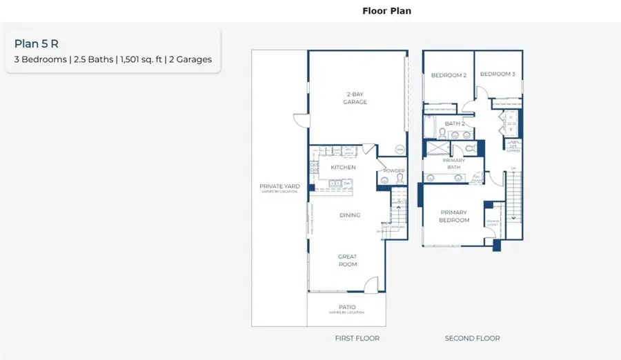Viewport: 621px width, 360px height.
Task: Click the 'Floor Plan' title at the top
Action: pyautogui.click(x=386, y=11)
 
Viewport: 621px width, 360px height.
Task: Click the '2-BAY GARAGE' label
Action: pyautogui.click(x=356, y=98)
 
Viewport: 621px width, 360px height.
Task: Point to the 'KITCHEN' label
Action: pyautogui.click(x=343, y=168)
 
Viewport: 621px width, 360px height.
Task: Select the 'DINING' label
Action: pyautogui.click(x=350, y=215)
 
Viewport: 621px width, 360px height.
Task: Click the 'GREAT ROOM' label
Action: pyautogui.click(x=348, y=261)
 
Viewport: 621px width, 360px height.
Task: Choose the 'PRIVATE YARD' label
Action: pyautogui.click(x=278, y=186)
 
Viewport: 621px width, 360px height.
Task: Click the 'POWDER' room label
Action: pyautogui.click(x=393, y=171)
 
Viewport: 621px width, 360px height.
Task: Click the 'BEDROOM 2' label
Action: pyautogui.click(x=449, y=75)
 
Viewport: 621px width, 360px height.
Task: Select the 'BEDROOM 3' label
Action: pyautogui.click(x=497, y=74)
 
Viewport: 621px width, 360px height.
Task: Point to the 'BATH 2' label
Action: pyautogui.click(x=454, y=123)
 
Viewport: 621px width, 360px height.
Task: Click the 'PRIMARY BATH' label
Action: pyautogui.click(x=453, y=163)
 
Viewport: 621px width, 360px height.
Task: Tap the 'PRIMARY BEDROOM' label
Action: pyautogui.click(x=453, y=217)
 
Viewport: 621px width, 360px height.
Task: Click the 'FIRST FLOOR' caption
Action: pyautogui.click(x=357, y=338)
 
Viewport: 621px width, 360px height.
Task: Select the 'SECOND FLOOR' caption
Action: pyautogui.click(x=472, y=338)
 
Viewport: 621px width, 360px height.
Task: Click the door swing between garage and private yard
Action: pyautogui.click(x=300, y=119)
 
